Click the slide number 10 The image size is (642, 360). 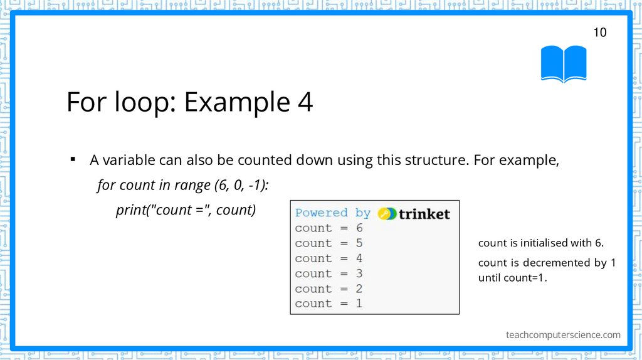tap(599, 33)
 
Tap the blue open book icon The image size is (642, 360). tap(564, 63)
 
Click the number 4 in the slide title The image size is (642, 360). tap(305, 102)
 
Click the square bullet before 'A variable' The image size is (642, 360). tap(73, 159)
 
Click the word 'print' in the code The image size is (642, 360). tap(130, 210)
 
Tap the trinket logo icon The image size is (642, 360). tap(387, 213)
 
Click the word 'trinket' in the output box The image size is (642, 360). tap(424, 214)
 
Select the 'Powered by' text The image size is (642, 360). tap(332, 213)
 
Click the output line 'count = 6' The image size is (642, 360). tap(329, 228)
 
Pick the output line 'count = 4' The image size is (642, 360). tap(329, 258)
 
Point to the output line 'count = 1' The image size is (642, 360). tap(329, 304)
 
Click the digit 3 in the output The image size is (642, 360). tap(359, 273)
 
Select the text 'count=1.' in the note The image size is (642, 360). tap(525, 277)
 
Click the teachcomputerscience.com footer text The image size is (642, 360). tap(563, 335)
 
